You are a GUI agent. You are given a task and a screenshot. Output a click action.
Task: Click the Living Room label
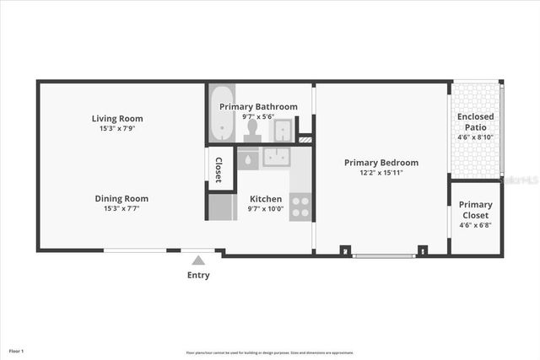click(x=117, y=118)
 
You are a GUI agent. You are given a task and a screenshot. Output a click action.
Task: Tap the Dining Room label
click(x=121, y=198)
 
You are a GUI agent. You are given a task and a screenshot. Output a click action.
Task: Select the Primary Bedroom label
click(x=381, y=162)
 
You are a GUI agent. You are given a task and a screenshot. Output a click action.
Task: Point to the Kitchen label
click(x=265, y=198)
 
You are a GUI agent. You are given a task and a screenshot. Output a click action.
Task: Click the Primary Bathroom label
click(x=258, y=107)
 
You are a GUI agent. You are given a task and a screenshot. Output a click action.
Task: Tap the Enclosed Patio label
click(x=475, y=121)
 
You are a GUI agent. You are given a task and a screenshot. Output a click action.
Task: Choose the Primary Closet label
click(x=475, y=209)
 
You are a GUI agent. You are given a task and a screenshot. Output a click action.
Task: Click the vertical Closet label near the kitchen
click(x=219, y=169)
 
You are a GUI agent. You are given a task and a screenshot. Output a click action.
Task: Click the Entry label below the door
click(x=198, y=275)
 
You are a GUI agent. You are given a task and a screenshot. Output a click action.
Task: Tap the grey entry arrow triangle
click(x=198, y=261)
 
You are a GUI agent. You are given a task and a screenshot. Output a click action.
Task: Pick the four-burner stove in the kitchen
click(x=300, y=206)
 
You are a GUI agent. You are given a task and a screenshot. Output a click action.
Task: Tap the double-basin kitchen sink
click(x=275, y=158)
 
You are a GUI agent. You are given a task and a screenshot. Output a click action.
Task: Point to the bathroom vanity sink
click(x=283, y=130)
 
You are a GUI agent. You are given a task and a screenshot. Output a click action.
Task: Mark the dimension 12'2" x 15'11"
click(x=381, y=173)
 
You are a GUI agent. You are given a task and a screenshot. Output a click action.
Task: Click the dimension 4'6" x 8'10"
click(x=475, y=137)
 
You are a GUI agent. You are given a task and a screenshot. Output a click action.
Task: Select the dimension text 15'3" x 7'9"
click(x=117, y=129)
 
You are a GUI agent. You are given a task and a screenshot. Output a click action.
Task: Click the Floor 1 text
click(x=16, y=350)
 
